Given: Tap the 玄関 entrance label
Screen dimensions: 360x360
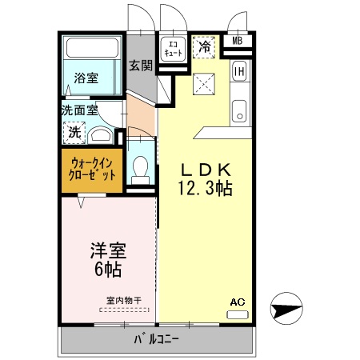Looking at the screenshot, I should click(141, 66).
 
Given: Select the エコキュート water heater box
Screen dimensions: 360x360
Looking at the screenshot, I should click(174, 47).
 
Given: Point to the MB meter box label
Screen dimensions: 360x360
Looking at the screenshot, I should click(238, 42).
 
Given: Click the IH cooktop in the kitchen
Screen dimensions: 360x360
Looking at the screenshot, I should click(239, 72).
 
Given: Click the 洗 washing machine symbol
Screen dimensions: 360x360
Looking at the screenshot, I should click(74, 133).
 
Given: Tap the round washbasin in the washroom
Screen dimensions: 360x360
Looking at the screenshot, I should click(101, 135).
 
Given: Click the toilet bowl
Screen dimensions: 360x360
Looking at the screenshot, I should click(141, 168).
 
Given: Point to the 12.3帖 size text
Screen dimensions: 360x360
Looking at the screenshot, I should click(205, 189).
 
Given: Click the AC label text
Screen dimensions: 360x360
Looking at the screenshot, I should click(237, 302).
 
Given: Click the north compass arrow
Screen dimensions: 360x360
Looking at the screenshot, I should click(288, 308).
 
